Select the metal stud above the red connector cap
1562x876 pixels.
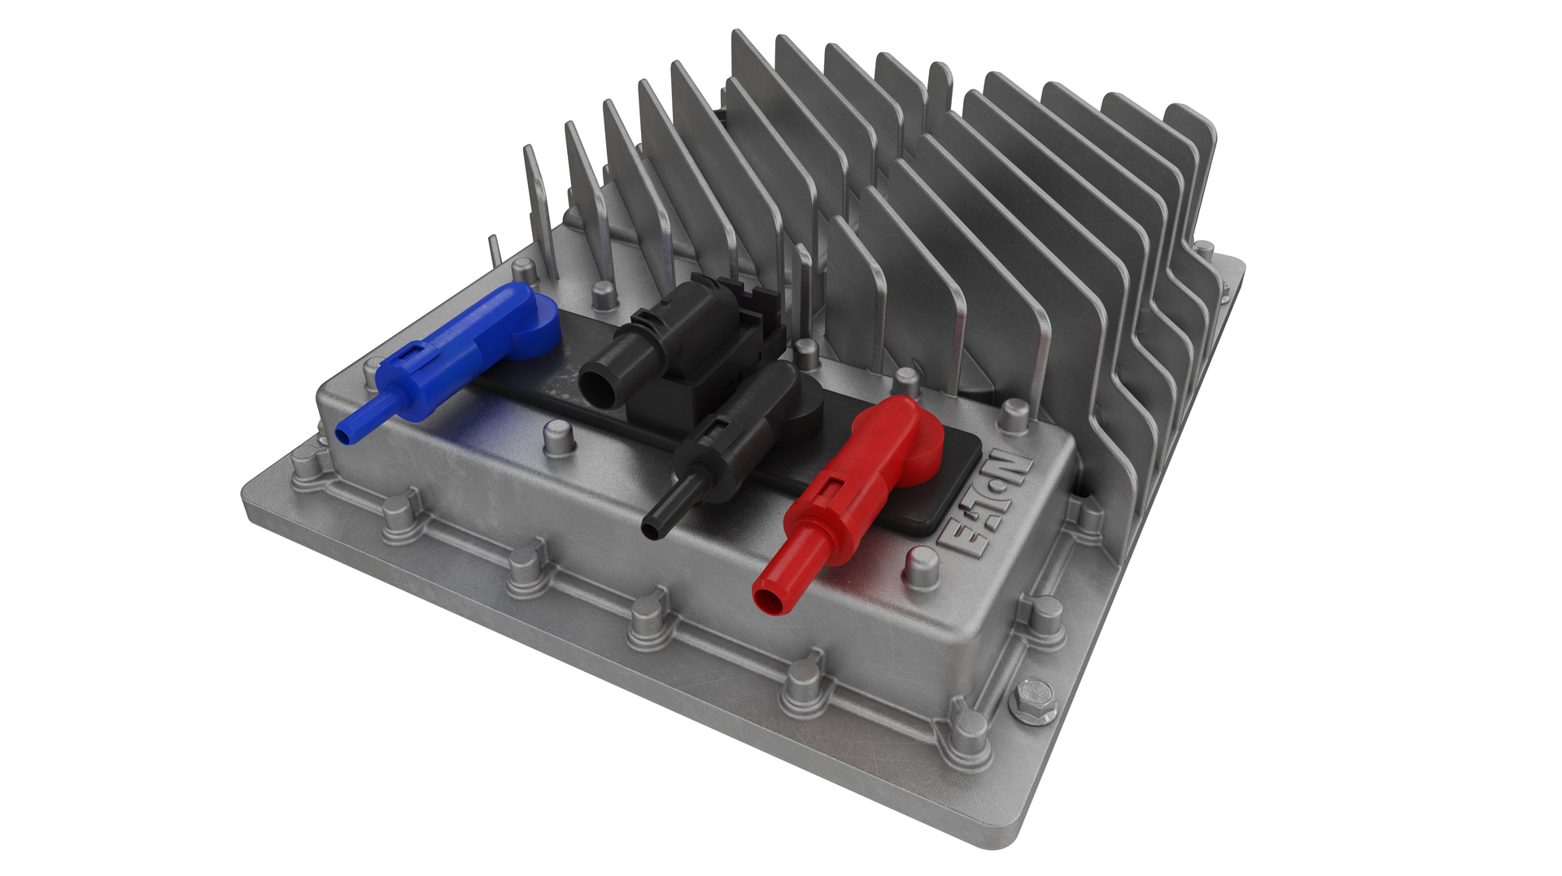click(x=905, y=381)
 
